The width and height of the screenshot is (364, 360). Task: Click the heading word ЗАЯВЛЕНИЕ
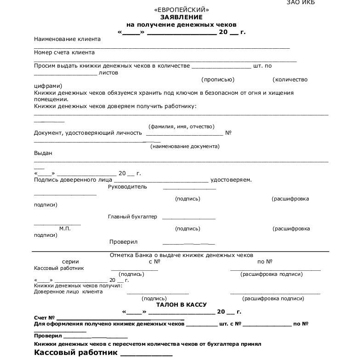182,17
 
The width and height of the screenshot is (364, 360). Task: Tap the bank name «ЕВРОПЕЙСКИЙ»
182,10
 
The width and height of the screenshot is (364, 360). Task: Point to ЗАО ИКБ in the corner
301,2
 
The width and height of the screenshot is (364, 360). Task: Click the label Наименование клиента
67,39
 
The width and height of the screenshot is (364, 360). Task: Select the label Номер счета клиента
64,52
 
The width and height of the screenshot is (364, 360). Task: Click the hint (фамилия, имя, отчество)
181,126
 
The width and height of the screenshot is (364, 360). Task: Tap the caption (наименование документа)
185,146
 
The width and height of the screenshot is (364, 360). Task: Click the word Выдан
43,153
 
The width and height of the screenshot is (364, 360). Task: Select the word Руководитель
127,187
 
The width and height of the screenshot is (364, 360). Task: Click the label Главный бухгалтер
132,217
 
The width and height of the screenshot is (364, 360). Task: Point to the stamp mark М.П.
65,229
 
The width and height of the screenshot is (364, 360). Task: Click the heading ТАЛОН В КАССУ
181,304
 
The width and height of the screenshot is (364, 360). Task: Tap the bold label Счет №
45,318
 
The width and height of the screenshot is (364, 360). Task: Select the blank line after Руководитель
189,189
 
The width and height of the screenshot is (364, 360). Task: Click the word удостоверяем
231,180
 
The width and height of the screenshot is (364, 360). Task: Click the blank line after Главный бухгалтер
188,218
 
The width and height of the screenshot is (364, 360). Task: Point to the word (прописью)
218,80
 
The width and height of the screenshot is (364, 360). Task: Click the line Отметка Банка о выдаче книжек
182,255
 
